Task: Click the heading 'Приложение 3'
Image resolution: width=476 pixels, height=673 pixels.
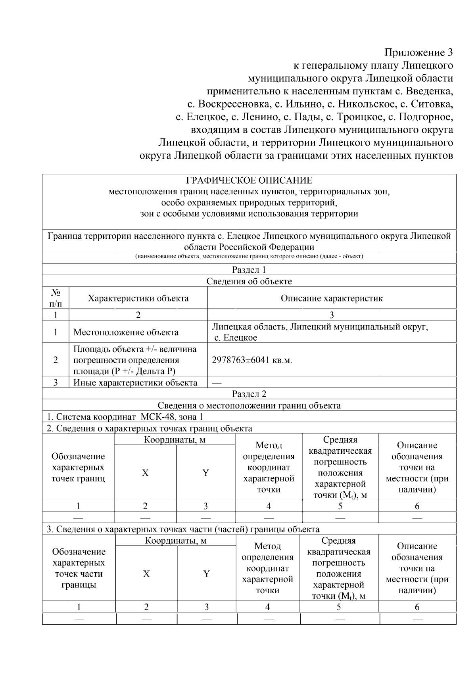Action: coord(418,52)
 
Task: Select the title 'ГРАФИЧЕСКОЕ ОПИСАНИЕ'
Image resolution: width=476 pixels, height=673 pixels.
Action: coord(249,181)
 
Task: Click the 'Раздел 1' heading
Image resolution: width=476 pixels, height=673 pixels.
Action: coord(249,270)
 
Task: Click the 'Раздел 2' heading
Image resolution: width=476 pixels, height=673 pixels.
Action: coord(249,394)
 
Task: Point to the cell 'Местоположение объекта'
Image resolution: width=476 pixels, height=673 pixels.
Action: coord(126,332)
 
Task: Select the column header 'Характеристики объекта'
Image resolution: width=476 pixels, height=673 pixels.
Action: coord(138,298)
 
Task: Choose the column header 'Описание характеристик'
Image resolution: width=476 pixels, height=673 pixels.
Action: coord(332,298)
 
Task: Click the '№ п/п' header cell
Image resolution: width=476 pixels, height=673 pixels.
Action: coord(56,298)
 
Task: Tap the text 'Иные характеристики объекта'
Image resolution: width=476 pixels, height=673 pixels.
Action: coord(135,383)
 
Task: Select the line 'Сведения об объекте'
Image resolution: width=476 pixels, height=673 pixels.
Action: coord(249,282)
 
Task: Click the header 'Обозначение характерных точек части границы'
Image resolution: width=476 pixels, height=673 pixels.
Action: coord(79,568)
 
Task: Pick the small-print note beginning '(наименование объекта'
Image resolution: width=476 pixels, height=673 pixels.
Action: coord(249,256)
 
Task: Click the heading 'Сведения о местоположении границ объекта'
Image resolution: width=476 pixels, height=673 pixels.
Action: coord(249,405)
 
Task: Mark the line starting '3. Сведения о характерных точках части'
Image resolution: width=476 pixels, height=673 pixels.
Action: coord(182,529)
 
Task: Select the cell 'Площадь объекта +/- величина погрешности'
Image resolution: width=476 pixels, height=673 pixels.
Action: coord(135,360)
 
